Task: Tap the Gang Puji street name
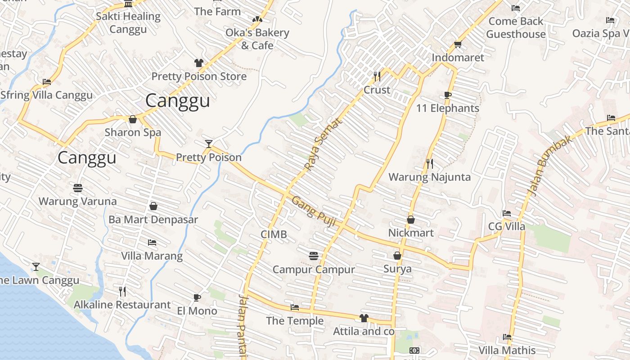click(314, 211)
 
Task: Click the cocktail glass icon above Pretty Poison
click(208, 144)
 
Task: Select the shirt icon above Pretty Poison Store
click(199, 63)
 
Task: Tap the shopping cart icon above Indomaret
click(458, 44)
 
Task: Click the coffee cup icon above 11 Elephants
click(447, 95)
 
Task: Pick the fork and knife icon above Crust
click(377, 76)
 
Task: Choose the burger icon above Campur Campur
click(314, 256)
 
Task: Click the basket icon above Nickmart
click(411, 220)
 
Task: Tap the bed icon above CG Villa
click(507, 213)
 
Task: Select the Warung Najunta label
click(429, 177)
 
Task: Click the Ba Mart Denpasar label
click(153, 220)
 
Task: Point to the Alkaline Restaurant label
click(122, 305)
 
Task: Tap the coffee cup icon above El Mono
click(197, 297)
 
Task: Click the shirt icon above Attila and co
click(364, 318)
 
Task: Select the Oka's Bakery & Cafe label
click(257, 39)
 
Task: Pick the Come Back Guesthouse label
click(516, 27)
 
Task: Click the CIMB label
click(274, 234)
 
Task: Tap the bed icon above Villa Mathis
click(507, 337)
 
